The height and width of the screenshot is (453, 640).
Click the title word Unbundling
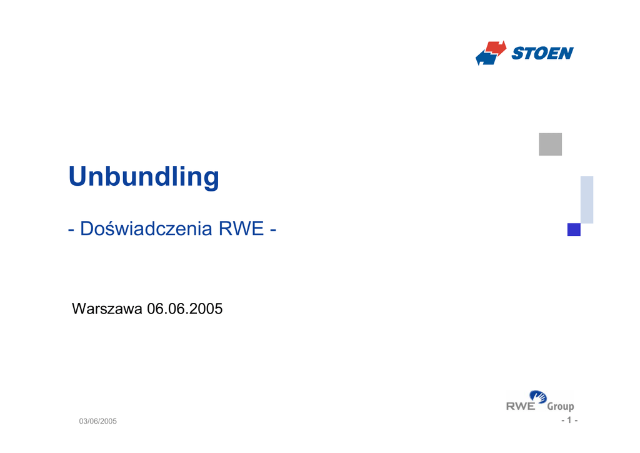tap(144, 178)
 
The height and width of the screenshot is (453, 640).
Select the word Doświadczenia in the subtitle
tap(146, 228)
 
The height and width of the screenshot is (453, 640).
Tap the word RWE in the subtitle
tap(241, 228)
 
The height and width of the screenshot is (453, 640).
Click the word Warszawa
tap(107, 308)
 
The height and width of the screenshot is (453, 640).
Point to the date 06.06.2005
tap(184, 308)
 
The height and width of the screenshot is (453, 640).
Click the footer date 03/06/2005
tap(98, 421)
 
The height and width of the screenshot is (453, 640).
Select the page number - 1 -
tap(569, 420)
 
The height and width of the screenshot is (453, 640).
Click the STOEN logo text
tap(542, 53)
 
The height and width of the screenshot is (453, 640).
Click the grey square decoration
tap(550, 144)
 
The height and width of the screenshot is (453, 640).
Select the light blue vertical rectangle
tap(587, 200)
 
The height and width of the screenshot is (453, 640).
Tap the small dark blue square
tap(574, 230)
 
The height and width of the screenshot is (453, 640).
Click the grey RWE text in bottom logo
tap(521, 406)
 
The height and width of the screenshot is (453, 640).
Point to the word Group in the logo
tap(561, 407)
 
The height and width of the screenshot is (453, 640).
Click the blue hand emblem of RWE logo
tap(538, 397)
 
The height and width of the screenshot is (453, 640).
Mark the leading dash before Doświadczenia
tap(71, 230)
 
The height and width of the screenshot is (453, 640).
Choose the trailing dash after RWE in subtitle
tap(273, 230)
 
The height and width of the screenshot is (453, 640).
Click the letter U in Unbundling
tap(78, 176)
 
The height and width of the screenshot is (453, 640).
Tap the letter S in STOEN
tap(517, 53)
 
